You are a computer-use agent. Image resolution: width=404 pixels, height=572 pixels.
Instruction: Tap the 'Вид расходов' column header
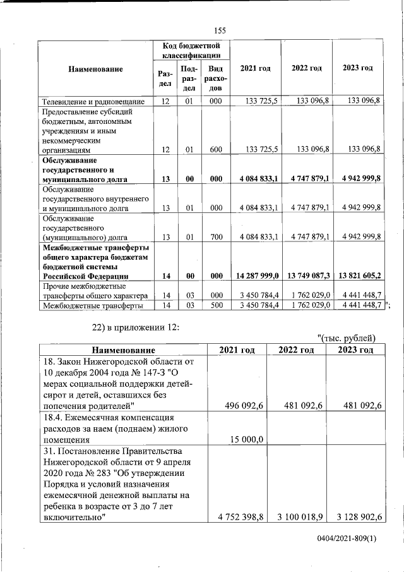point(216,78)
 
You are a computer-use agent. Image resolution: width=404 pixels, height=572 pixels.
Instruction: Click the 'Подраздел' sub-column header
point(189,78)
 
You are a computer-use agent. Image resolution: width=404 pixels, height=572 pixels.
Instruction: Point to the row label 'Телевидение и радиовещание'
point(93,101)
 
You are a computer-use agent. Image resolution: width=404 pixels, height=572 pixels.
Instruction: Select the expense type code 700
point(216,237)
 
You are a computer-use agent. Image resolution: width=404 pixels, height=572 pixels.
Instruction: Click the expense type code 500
point(216,306)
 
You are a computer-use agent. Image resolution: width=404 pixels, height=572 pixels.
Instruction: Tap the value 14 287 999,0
point(256,276)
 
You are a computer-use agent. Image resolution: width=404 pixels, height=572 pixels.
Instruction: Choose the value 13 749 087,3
point(307,276)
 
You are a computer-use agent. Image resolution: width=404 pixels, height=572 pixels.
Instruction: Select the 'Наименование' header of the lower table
point(123,350)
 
